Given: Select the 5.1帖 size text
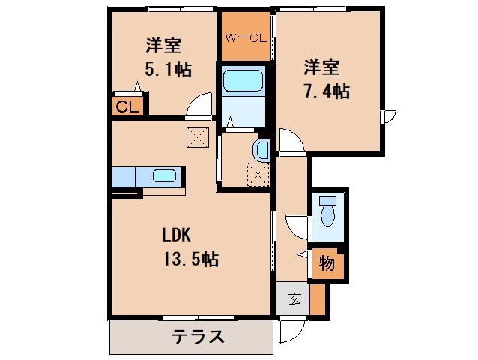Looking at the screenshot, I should [168, 70].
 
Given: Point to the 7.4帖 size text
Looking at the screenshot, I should [327, 91].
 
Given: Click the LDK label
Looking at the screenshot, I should [178, 234].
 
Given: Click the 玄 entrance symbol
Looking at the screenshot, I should [294, 300].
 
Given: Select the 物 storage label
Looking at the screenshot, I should [327, 263].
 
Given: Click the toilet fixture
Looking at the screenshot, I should [327, 212].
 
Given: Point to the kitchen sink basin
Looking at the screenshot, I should [164, 177].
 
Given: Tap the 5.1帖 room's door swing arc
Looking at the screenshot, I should [198, 106].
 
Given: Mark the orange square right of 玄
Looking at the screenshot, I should [318, 300].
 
